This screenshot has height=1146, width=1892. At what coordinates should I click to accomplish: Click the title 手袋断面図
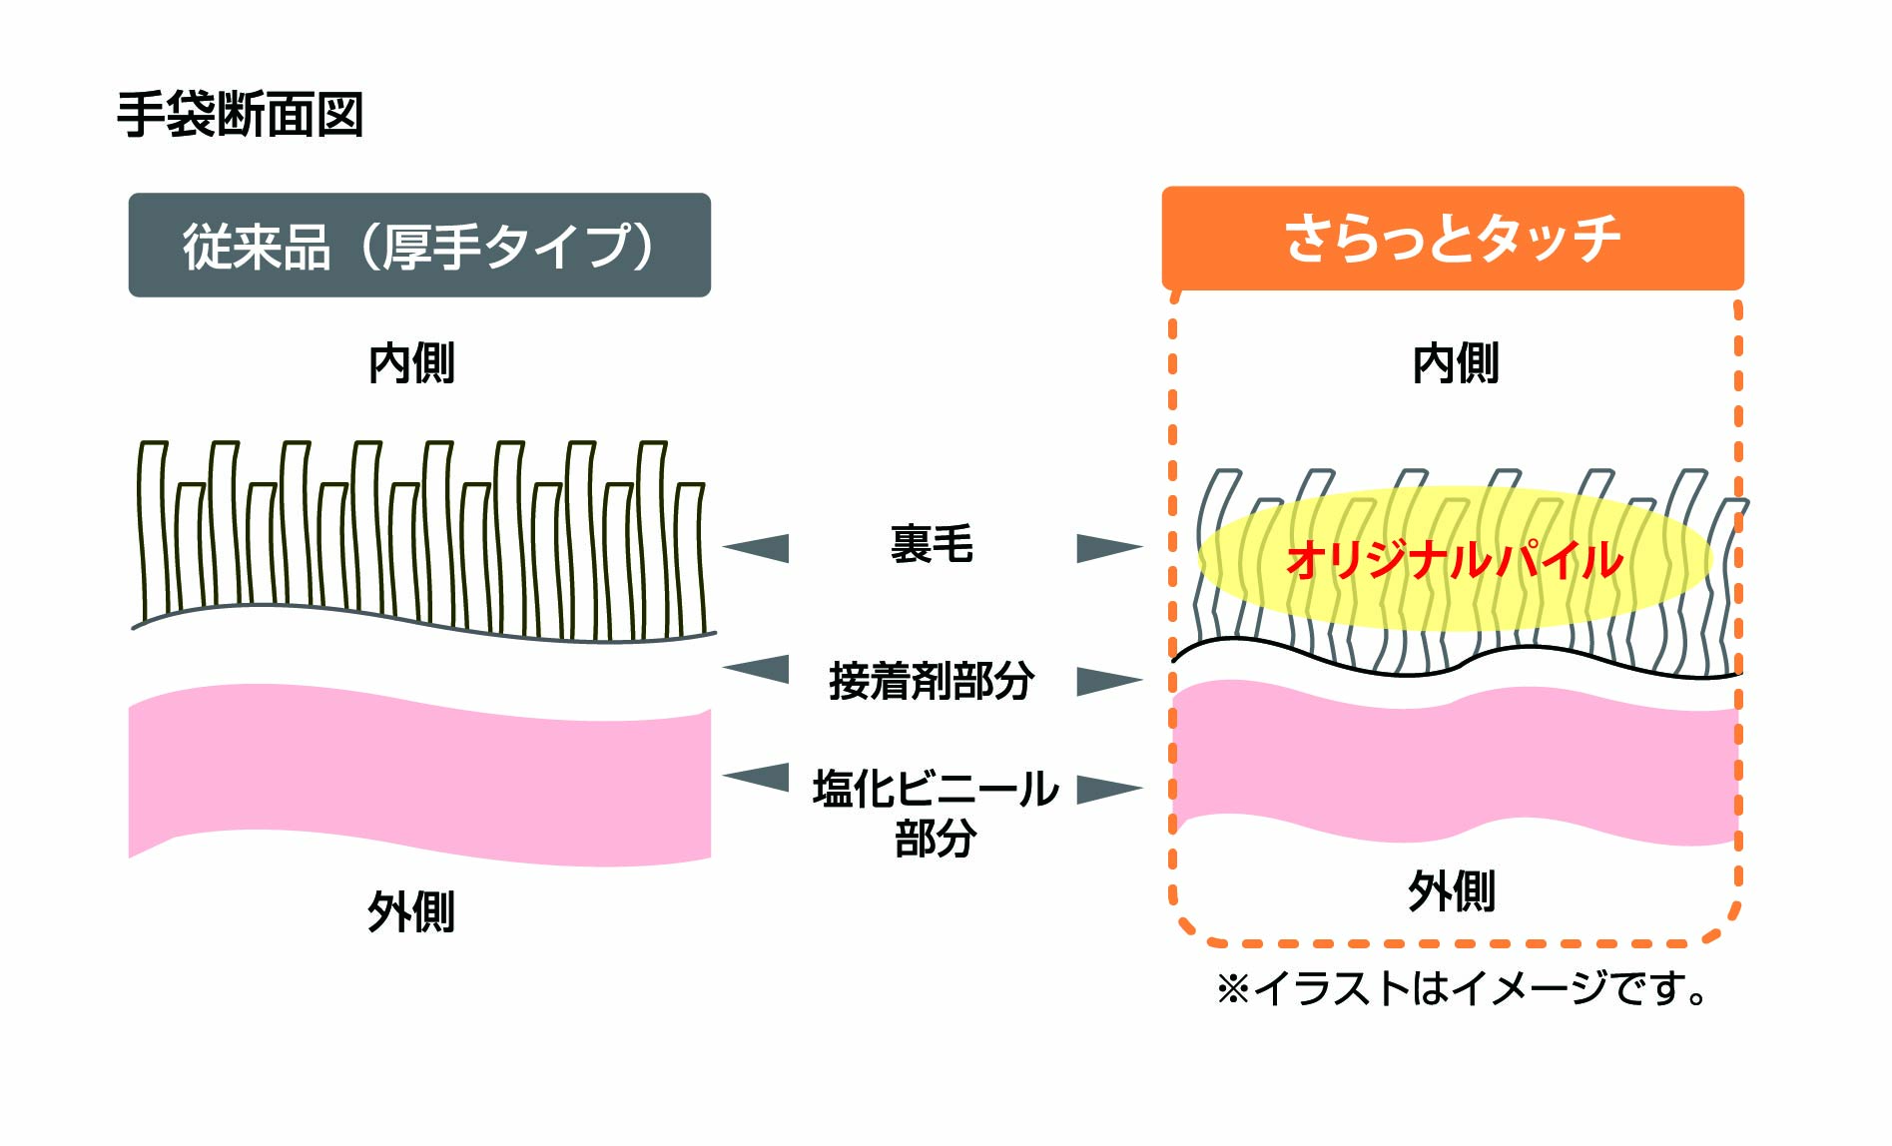tap(240, 115)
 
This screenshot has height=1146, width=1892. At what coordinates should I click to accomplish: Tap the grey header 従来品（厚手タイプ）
tap(419, 246)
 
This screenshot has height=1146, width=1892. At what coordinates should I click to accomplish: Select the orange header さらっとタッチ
tap(1453, 239)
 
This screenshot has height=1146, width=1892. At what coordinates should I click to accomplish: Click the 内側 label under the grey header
tap(411, 362)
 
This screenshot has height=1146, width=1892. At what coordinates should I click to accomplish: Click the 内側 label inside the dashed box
tap(1455, 362)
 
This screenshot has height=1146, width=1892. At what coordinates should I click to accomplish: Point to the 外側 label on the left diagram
tap(410, 911)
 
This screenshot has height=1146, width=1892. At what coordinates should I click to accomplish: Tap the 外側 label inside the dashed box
tap(1452, 890)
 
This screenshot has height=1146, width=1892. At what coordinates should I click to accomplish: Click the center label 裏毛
tap(931, 545)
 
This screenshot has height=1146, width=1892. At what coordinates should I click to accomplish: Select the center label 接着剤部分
tap(931, 681)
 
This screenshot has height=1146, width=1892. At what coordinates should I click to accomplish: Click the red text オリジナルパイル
tap(1455, 560)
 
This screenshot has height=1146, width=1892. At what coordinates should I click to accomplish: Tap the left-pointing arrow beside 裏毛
tap(758, 548)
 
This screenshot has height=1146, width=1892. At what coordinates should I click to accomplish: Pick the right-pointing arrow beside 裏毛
tap(1107, 548)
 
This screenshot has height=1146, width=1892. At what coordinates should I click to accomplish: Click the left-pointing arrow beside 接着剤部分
tap(758, 669)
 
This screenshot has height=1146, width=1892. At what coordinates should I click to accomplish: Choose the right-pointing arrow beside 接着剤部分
tap(1107, 682)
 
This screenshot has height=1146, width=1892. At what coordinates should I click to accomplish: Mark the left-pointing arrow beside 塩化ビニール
tap(758, 777)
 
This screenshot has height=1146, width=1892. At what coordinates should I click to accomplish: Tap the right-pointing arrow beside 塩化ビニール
tap(1107, 789)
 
